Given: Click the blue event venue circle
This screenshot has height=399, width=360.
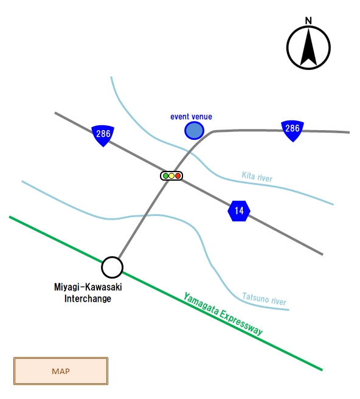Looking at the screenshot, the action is tap(194, 131).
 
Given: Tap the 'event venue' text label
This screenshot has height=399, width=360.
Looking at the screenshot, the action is tap(191, 117).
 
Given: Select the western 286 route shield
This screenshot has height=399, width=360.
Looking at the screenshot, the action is tap(103, 136).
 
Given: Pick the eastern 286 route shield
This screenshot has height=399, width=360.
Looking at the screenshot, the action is tap(292, 131).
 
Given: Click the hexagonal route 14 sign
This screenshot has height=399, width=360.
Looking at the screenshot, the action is tap(239, 210).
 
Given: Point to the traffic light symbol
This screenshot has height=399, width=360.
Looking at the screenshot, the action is tap(171, 176).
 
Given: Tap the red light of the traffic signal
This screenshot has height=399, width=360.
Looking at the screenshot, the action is tap(178, 176).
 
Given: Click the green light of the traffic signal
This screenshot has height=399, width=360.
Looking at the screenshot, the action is tap(165, 176).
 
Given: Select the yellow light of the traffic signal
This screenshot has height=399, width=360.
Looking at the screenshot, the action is tap(171, 176).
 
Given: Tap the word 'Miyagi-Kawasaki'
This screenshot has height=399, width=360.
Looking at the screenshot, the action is tap(88, 287).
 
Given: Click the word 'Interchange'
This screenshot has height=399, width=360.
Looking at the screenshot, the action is tap(88, 299).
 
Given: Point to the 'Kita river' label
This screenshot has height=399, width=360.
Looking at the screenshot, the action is tap(257, 176).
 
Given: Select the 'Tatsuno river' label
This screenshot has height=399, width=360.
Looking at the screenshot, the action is tap(264, 299).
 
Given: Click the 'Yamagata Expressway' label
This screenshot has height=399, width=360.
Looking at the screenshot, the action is tap(223, 314).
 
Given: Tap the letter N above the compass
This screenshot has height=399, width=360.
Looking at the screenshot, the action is tap(308, 21).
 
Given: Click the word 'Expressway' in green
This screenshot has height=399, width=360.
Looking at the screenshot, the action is tap(241, 322).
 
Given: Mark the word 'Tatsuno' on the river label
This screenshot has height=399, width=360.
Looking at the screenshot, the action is tap(255, 297).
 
